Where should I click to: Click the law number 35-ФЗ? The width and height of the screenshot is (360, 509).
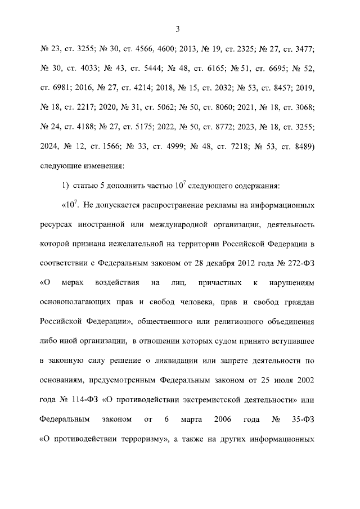point(300,420)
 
